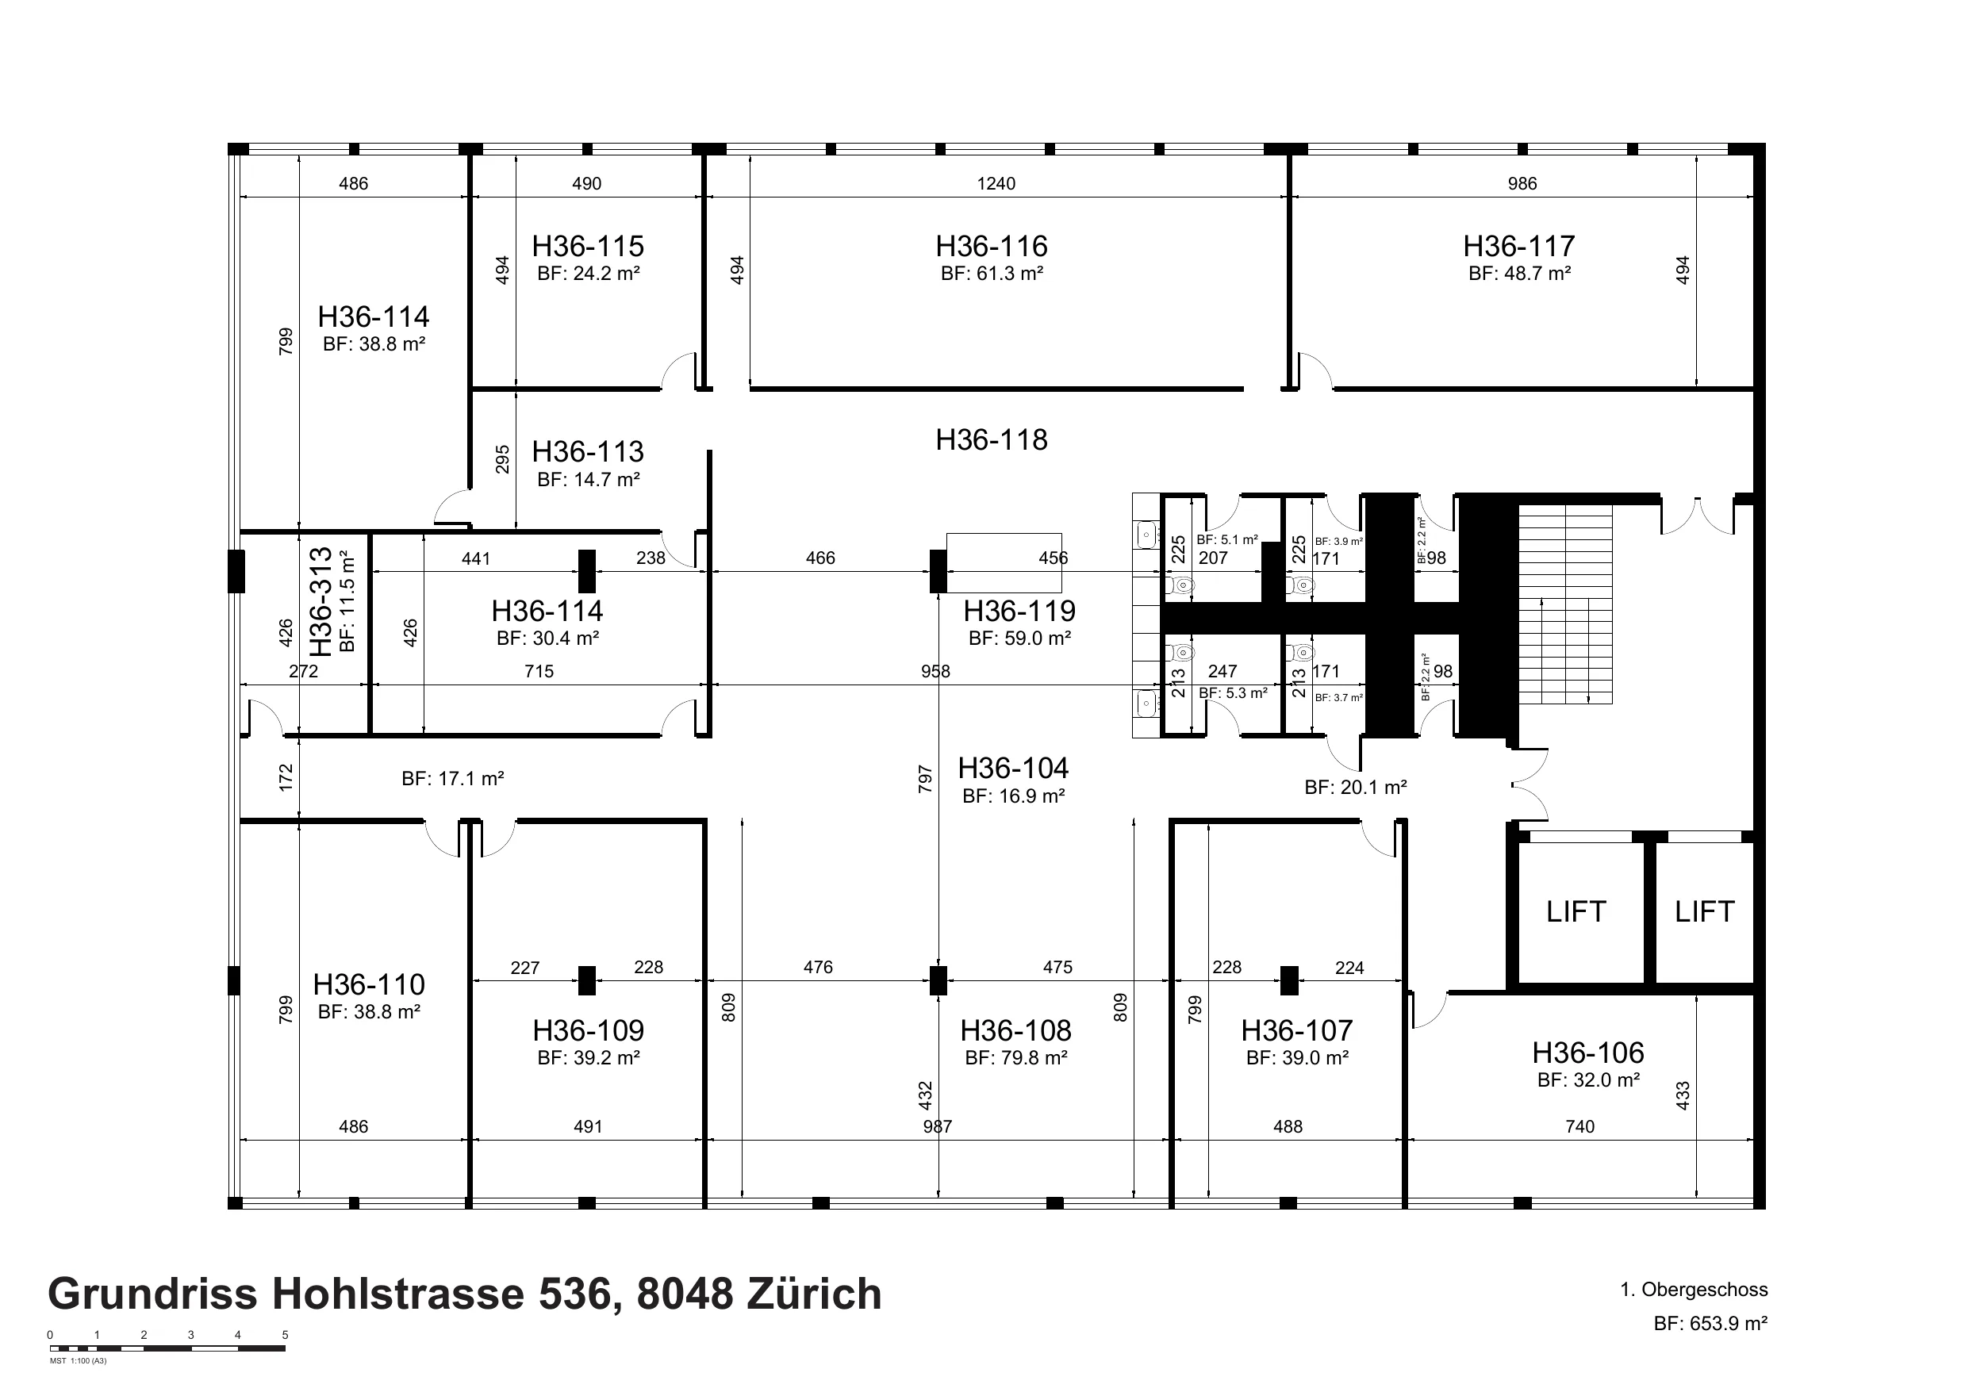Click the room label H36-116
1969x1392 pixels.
coord(992,247)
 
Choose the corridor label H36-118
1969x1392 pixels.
coord(992,440)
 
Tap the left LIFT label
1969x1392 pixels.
coord(1576,911)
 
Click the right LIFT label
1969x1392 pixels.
coord(1704,911)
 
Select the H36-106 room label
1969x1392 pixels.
coord(1588,1053)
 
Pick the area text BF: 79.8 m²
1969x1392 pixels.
coord(1016,1058)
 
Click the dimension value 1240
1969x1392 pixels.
coord(996,183)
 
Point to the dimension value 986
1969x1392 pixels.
coord(1522,183)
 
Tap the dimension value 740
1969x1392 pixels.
coord(1579,1127)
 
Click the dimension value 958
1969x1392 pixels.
coord(935,672)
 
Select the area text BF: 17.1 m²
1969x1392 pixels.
coord(453,780)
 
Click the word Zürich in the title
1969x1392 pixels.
coord(814,1294)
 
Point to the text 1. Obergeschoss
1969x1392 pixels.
coord(1694,1290)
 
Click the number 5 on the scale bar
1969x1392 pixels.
coord(285,1336)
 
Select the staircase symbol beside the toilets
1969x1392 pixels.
coord(1566,604)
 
